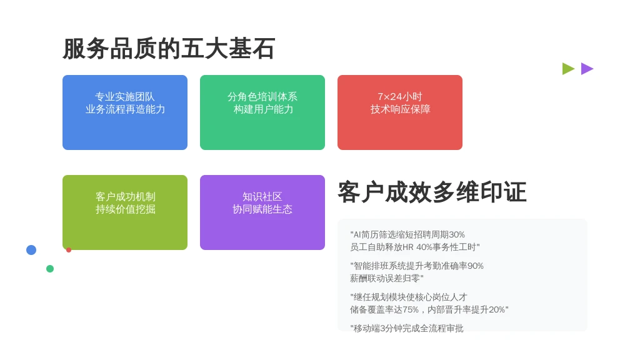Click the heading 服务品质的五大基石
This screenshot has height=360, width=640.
pos(169,49)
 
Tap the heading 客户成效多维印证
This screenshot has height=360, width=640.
pos(432,192)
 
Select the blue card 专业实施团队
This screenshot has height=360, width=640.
pos(125,112)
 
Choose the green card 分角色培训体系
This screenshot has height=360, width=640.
pos(262,112)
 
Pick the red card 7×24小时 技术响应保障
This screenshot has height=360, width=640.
pos(400,112)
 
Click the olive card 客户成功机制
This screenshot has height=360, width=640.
pos(125,212)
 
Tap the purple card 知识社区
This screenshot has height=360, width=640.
pos(262,212)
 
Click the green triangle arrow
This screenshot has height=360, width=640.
pos(567,69)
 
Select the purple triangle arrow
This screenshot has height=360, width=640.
pos(586,69)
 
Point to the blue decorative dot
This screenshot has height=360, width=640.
pos(31,250)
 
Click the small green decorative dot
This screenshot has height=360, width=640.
pos(50,269)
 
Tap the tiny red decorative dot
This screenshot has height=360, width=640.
pos(69,250)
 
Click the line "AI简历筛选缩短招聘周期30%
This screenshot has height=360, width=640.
pos(407,235)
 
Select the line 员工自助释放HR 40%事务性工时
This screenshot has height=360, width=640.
pos(415,247)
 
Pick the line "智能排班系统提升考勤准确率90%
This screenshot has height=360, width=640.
pos(417,266)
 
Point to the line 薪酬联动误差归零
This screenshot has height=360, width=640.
pos(386,278)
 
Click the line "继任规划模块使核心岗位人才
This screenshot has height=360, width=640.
pos(409,297)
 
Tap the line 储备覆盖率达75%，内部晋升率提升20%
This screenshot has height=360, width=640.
pos(429,310)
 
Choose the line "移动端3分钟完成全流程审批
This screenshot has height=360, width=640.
pos(406,328)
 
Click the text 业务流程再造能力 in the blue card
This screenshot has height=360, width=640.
pos(125,109)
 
